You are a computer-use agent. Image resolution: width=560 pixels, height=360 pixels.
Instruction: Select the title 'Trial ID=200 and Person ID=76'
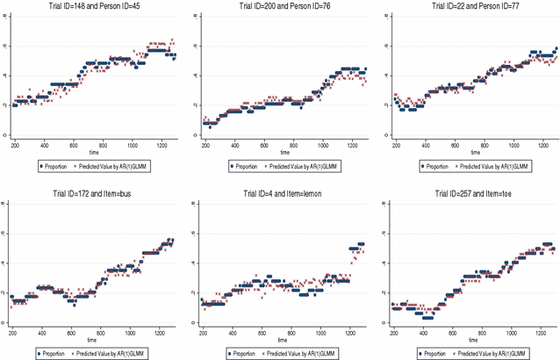282,9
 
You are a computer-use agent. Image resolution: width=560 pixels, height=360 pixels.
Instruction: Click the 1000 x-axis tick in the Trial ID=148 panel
133,144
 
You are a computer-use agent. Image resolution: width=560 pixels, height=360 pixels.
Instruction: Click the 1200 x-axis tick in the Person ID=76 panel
353,144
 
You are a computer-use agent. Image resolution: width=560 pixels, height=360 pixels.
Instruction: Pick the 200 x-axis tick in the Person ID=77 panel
395,144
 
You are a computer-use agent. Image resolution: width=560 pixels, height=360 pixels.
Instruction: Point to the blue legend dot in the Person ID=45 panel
39,164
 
